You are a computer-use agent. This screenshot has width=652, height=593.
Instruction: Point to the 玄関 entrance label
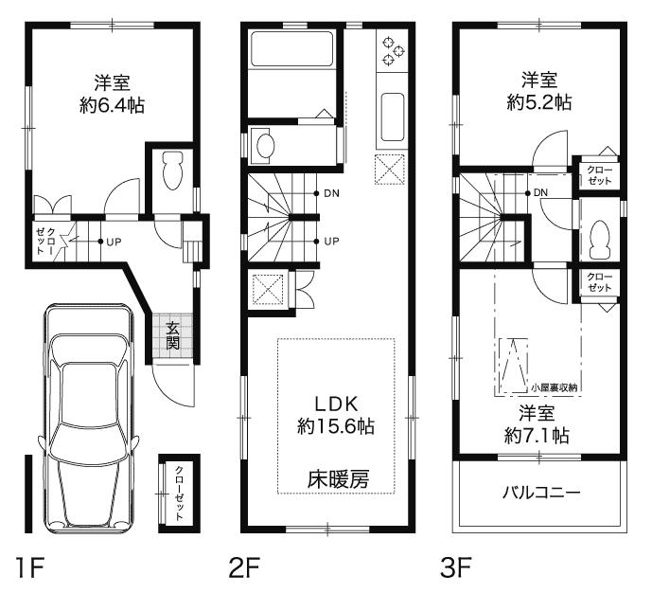(174, 335)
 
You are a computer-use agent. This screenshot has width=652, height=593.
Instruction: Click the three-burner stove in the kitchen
(391, 50)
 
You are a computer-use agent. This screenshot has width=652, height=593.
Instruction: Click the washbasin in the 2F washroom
(266, 146)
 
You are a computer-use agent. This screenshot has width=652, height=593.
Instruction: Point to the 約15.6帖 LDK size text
(335, 427)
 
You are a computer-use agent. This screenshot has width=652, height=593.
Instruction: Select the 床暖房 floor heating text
(337, 479)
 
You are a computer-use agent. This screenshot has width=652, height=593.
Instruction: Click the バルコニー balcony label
(540, 494)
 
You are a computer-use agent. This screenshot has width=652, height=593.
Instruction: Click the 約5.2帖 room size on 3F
(537, 100)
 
